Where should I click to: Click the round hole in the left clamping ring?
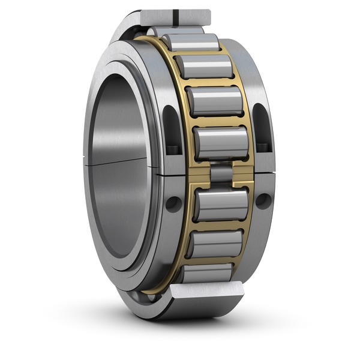173,203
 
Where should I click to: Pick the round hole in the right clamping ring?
263,200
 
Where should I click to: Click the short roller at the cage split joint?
221,173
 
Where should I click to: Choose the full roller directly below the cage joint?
221,205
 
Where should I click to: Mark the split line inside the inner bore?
120,162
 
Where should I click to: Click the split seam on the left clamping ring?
172,172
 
